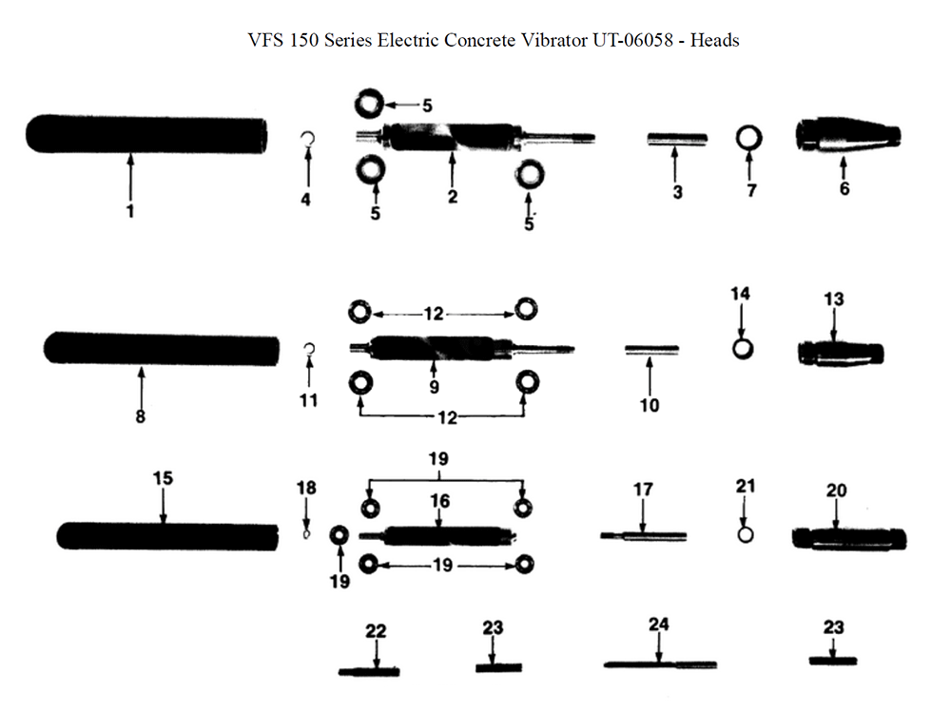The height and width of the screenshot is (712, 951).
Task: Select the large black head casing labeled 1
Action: coord(146,134)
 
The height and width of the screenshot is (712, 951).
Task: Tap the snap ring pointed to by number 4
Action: coord(308,140)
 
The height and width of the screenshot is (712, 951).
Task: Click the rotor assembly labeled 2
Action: coord(475,138)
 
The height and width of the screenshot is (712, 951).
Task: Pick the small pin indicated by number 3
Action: coord(677,139)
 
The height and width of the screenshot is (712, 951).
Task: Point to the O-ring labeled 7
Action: coord(749,138)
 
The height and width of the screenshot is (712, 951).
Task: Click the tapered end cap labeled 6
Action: coord(848,135)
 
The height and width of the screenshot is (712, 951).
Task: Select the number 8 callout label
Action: coord(140,416)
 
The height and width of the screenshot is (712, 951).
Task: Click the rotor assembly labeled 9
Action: coord(462,348)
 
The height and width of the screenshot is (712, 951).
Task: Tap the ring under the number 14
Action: coord(743,349)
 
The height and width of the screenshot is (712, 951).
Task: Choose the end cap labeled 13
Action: coord(841,353)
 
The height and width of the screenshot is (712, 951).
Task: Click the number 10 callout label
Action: coord(650,405)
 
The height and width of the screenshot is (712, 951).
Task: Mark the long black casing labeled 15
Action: coord(167,536)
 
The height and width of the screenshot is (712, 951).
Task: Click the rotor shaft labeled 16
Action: coord(438,535)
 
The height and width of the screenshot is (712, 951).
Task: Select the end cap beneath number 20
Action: coord(849,539)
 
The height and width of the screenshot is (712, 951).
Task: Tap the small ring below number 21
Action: coord(746,534)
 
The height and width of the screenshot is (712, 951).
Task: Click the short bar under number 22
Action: coord(369,671)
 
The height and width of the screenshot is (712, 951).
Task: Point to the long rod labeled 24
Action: coord(660,664)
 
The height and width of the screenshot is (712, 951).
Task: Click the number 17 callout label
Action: coord(643,489)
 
